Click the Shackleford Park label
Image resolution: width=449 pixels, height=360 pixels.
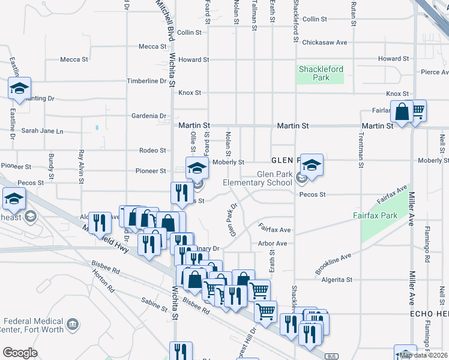point(321,73)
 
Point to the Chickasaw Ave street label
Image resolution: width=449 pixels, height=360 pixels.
point(325,43)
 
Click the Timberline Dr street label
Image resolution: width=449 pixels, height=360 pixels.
point(146,81)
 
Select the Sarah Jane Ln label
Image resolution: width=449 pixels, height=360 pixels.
point(42,130)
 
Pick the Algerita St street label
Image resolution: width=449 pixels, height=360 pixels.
point(337,280)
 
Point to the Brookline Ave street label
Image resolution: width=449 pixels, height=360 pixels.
point(334,265)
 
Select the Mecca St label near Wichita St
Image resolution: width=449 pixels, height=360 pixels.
point(152,46)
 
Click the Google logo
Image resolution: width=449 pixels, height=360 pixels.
point(20,352)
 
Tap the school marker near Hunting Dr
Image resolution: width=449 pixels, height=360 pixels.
point(19,89)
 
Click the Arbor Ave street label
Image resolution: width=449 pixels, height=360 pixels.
point(273,244)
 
